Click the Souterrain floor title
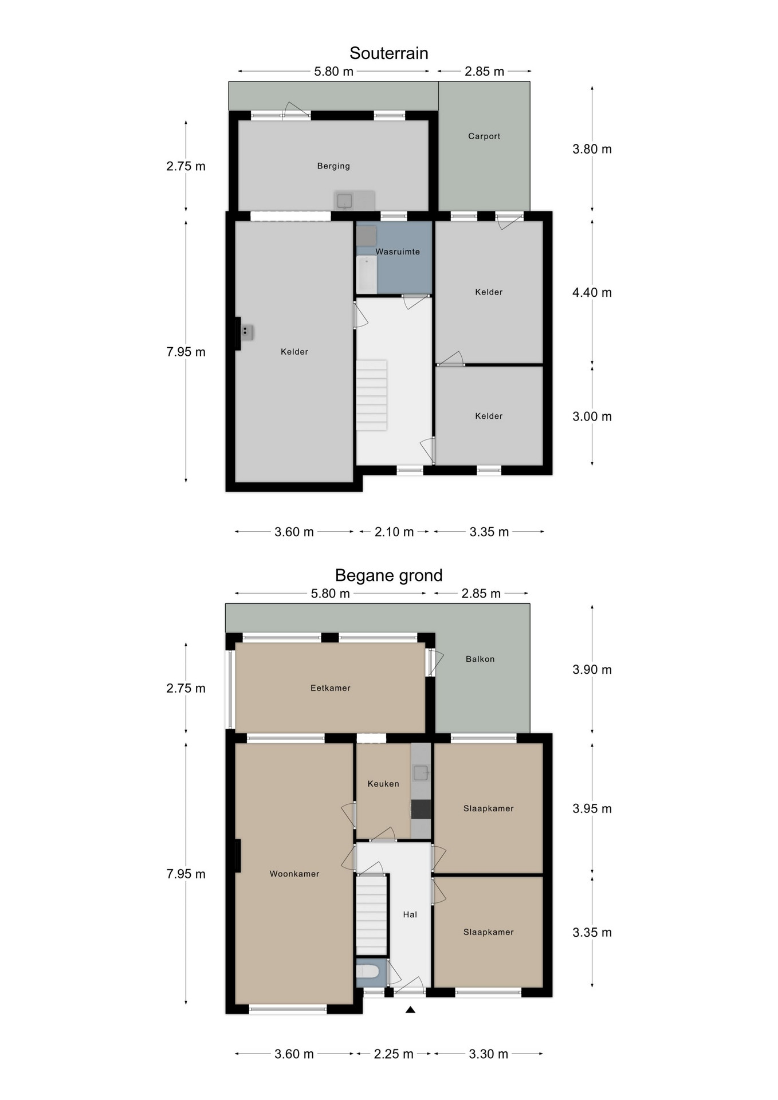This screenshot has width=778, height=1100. point(388,53)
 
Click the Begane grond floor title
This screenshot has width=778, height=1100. point(388,575)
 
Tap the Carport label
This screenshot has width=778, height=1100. point(484,136)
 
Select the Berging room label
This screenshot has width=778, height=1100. point(333,166)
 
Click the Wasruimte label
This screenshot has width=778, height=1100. point(398,252)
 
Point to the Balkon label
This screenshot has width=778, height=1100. point(480,659)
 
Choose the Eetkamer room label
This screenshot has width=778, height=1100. point(331,688)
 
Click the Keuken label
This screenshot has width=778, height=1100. point(383,784)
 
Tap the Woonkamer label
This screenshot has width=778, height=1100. point(294,874)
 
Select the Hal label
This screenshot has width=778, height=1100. point(410,914)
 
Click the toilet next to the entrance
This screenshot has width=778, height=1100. point(367,971)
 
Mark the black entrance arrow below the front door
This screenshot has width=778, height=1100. point(410,1009)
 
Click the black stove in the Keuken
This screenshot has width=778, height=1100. point(421,809)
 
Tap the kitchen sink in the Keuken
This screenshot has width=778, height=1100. point(421,773)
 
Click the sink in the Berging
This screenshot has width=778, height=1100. point(344,201)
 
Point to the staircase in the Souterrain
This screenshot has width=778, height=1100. point(371,395)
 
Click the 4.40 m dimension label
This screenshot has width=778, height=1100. point(592,293)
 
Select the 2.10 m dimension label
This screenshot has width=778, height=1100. point(394,532)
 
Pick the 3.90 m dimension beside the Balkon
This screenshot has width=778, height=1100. point(592,670)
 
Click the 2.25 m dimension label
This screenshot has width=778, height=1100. point(394,1054)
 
